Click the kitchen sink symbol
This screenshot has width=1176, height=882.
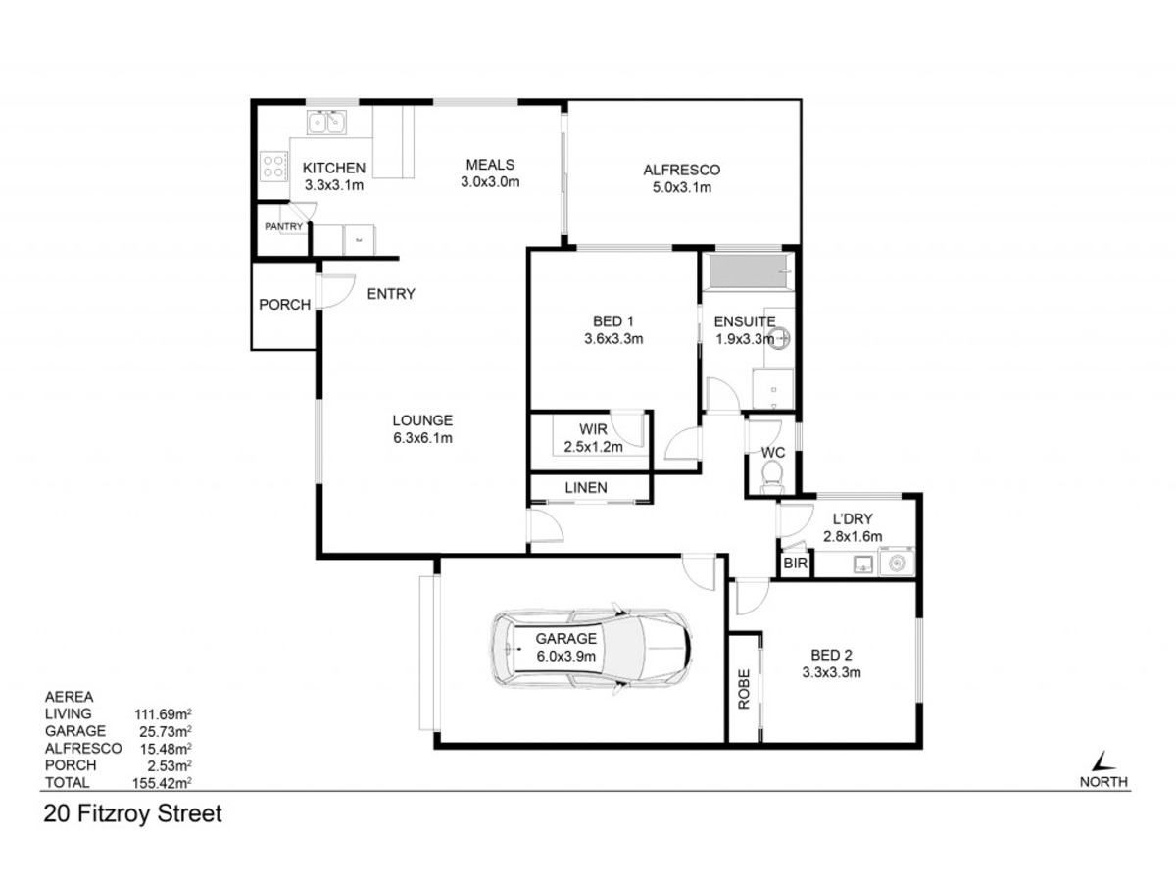click(325, 122)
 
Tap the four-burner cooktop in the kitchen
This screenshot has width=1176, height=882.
click(272, 165)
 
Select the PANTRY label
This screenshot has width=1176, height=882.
click(283, 226)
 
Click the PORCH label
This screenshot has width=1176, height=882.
click(284, 304)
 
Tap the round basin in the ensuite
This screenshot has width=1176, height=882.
click(778, 337)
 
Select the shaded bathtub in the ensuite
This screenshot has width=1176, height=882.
click(748, 271)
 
